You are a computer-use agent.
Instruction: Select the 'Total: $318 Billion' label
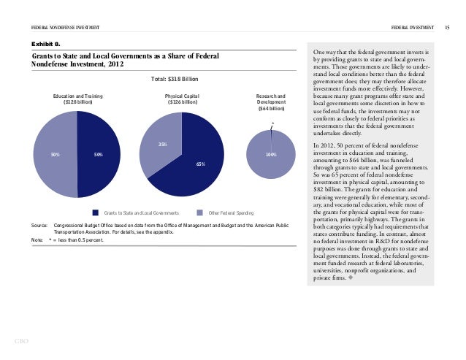(x=173, y=78)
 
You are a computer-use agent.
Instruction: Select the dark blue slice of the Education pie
(x=99, y=155)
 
